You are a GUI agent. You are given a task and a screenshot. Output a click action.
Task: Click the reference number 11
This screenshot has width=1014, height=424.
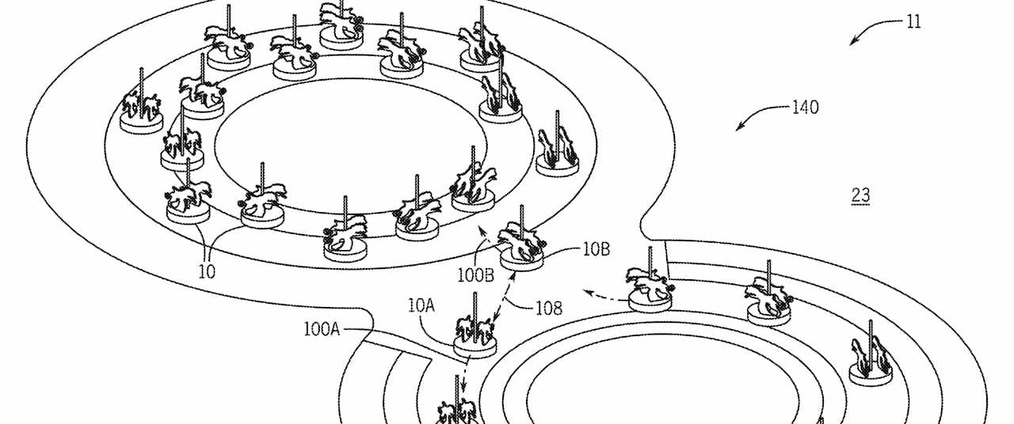[x=913, y=22]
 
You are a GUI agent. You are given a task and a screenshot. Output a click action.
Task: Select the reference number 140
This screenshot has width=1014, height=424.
[x=805, y=108]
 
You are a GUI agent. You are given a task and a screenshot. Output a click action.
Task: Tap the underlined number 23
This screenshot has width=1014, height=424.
[x=860, y=195]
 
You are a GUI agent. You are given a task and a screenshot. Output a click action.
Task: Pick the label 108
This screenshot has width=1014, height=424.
[x=547, y=309]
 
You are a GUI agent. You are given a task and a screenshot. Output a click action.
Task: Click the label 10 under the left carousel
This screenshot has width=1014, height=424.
[x=208, y=271]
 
